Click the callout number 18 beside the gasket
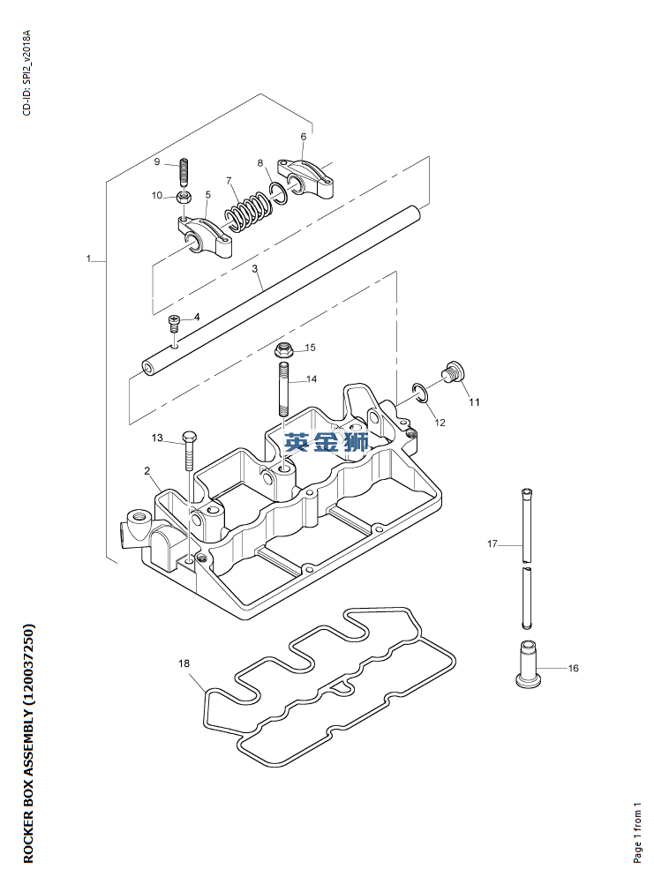pyautogui.click(x=184, y=663)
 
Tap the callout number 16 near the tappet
pyautogui.click(x=573, y=668)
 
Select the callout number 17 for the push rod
pyautogui.click(x=493, y=543)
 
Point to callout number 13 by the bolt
pyautogui.click(x=157, y=438)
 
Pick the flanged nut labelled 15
pyautogui.click(x=284, y=348)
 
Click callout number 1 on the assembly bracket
pyautogui.click(x=89, y=258)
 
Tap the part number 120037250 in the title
pyautogui.click(x=28, y=659)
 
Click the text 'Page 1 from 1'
pyautogui.click(x=638, y=831)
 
